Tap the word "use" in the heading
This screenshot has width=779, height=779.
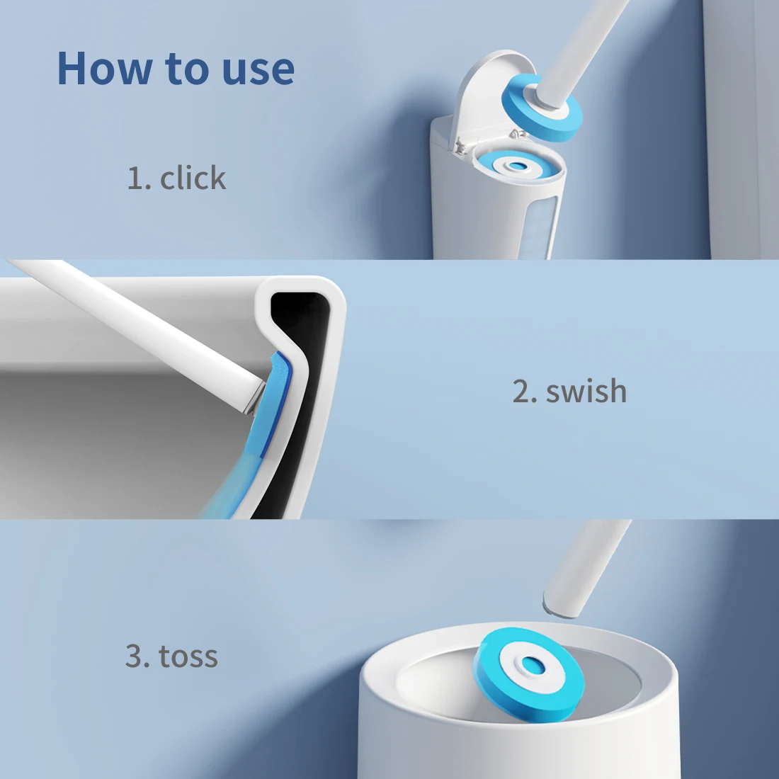258,69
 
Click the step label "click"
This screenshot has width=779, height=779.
193,178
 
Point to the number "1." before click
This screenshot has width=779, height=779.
139,178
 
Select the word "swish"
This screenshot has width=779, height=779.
586,392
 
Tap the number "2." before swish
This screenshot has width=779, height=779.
525,392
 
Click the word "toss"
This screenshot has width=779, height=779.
188,656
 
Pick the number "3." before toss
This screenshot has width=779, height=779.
137,656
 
